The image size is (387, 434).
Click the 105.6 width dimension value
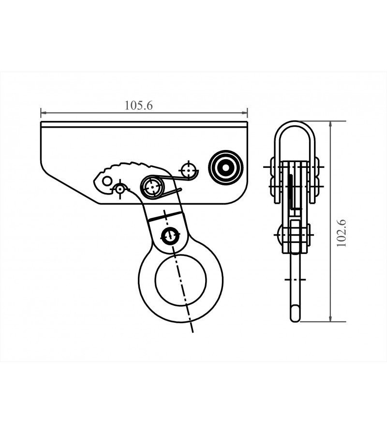point(138,105)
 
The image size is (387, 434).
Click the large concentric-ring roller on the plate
point(225,167)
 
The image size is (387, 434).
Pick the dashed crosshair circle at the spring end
point(188,171)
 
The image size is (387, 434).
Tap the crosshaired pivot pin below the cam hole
point(119,188)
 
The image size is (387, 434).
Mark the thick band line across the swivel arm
point(164,216)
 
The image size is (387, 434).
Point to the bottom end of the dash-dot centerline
point(193,331)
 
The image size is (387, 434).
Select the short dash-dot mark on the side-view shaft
point(295,280)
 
